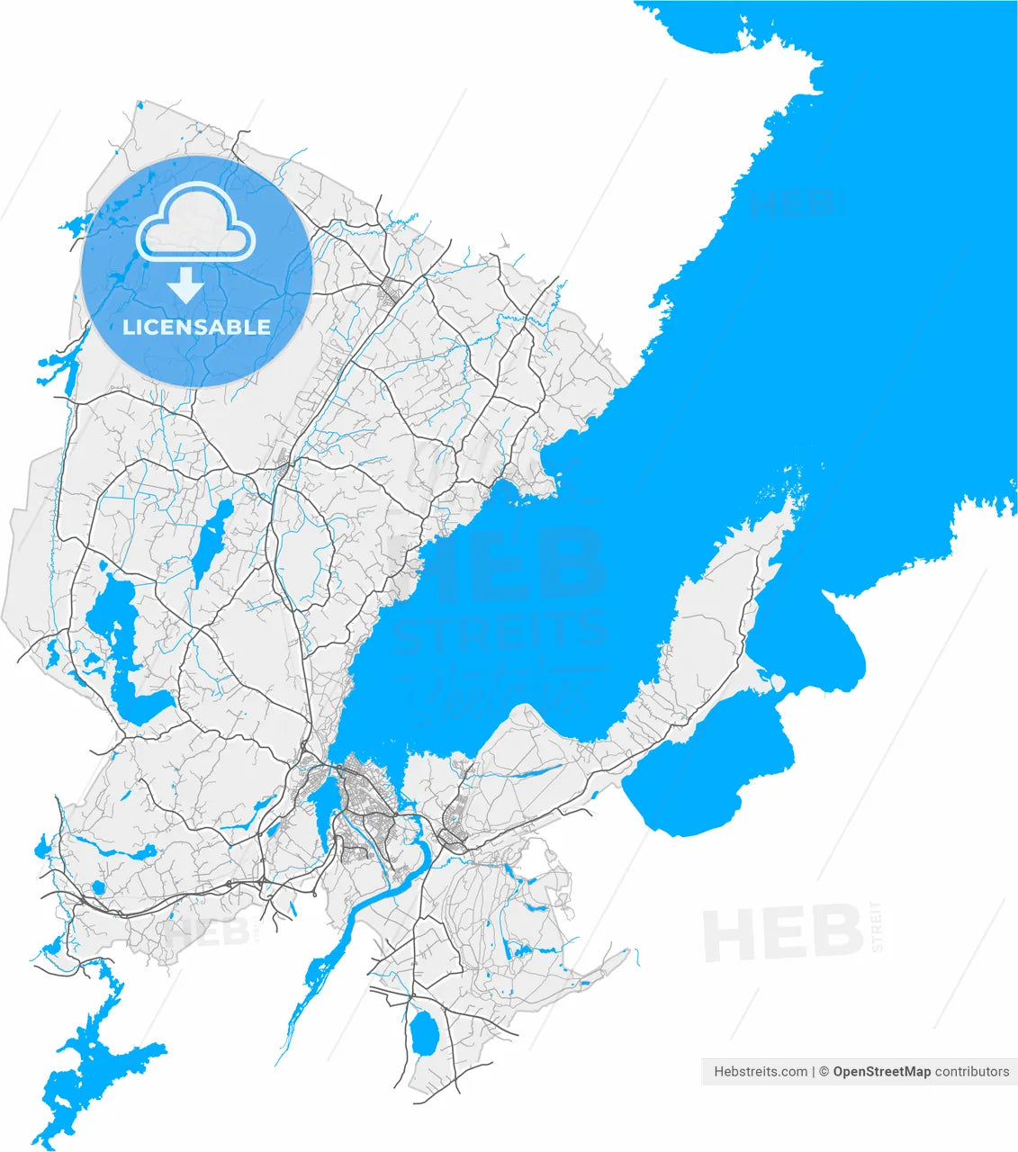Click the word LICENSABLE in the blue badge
point(196,327)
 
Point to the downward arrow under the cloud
point(185,285)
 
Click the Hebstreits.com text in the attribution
point(761,1072)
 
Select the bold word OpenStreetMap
point(881,1072)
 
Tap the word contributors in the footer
point(972,1072)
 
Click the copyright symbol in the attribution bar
point(823,1072)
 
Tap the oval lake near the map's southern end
point(422,1033)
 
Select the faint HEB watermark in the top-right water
point(796,203)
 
